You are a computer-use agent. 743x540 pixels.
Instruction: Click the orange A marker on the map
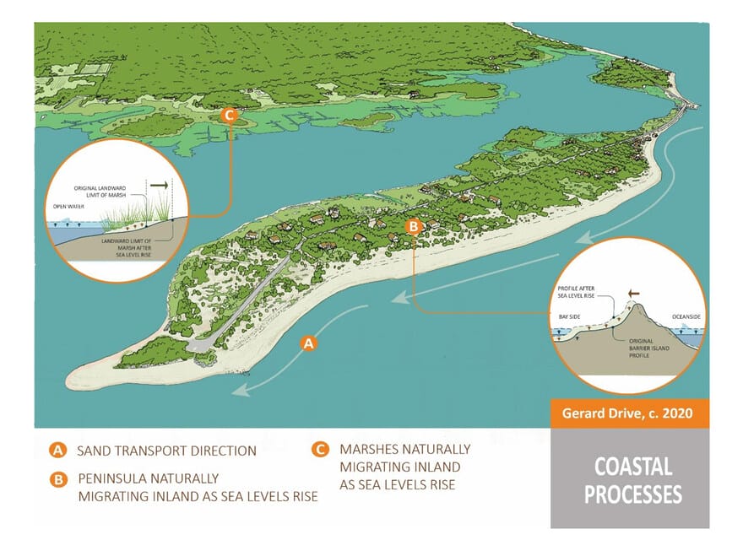309,343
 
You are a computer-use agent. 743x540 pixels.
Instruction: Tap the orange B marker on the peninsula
414,226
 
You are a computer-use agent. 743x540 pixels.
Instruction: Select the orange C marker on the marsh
228,116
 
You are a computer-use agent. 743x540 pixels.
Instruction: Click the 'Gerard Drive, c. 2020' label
629,414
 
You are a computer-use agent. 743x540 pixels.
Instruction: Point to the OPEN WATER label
68,203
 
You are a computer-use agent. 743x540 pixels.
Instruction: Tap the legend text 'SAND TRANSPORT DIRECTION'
166,451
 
